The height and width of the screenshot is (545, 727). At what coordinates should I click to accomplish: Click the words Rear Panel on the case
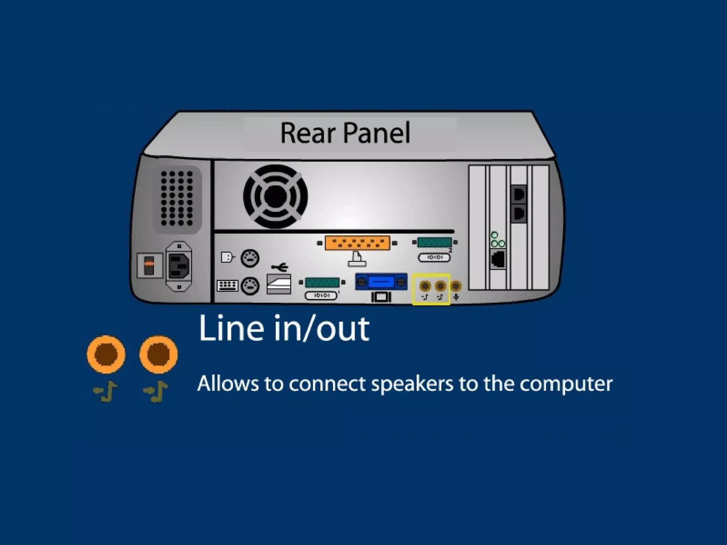coord(345,133)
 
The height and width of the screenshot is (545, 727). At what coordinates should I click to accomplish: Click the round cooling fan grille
coord(275,196)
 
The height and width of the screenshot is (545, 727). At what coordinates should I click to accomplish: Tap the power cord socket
coord(179,266)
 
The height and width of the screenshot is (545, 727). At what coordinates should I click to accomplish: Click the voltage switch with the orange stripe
coord(149,265)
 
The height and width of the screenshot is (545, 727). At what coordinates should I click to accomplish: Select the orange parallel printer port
coord(357,243)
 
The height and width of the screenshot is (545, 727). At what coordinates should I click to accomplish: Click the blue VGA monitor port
coord(381,282)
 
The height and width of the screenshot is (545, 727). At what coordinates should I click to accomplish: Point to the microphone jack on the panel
coord(456,286)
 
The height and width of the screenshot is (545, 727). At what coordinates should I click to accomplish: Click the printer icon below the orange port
coord(357,259)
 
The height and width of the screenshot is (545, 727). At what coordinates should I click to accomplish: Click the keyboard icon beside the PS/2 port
coord(227,286)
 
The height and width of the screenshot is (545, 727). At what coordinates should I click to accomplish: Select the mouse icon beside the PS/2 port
coord(227,257)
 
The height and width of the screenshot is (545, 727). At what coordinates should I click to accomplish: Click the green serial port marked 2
coord(434,243)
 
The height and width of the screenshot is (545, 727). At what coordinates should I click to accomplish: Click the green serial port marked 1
coord(322,283)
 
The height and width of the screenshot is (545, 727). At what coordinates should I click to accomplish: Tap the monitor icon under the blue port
coord(381,297)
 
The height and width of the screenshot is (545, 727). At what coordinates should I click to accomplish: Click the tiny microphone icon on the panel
coord(456,297)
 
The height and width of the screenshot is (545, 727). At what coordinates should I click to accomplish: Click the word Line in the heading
coord(232,328)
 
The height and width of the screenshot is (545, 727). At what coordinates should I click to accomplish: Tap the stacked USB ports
coord(279,284)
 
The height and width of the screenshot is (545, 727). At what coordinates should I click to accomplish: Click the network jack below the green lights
coord(498,259)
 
